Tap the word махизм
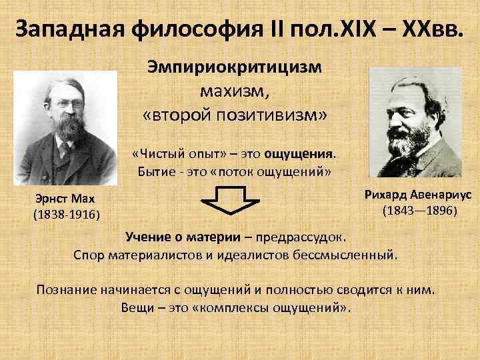[235, 91]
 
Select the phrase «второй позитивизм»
[235, 114]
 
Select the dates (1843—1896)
[419, 211]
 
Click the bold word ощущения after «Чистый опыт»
[303, 155]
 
